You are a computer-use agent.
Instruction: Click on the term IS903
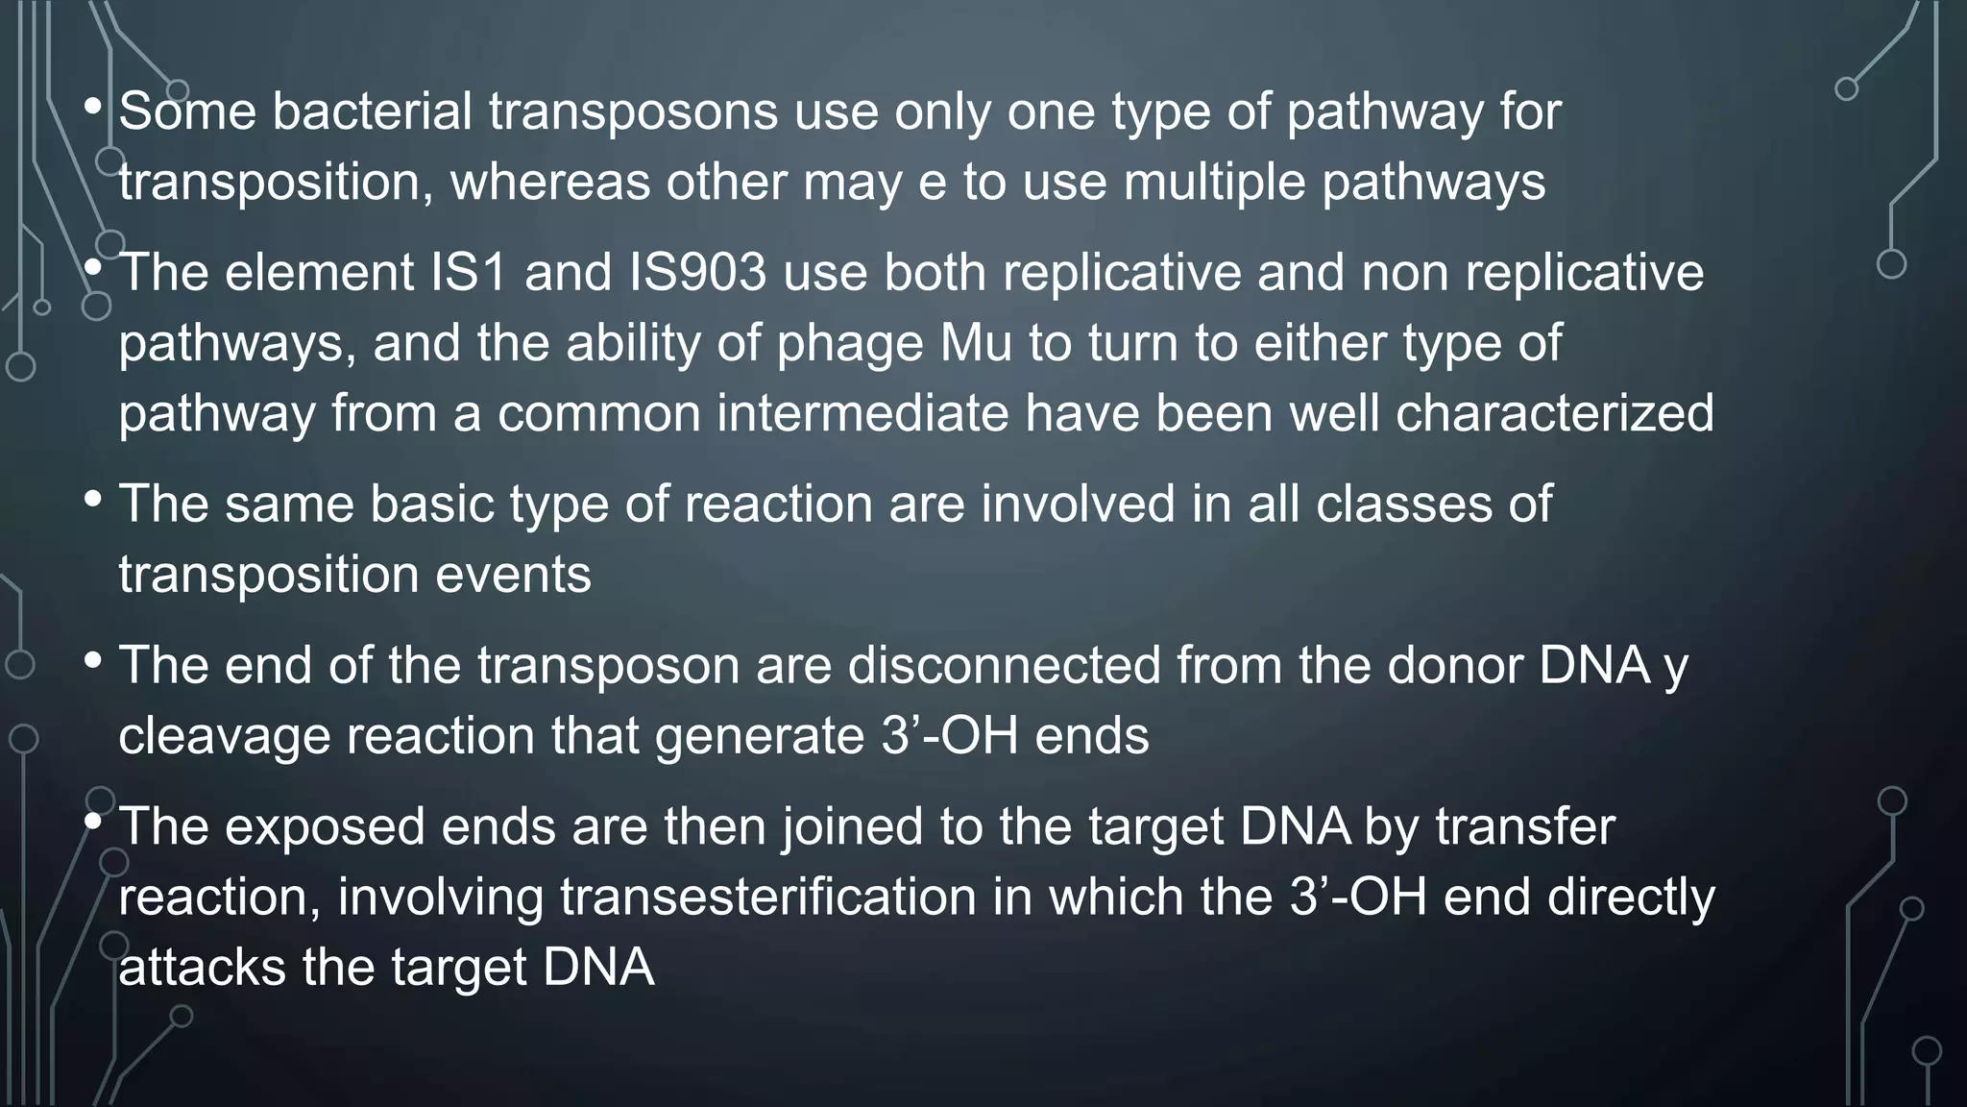tap(697, 273)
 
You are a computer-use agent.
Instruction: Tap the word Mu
tap(976, 343)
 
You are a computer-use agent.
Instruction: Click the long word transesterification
tap(768, 897)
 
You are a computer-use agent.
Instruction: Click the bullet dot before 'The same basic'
tap(93, 500)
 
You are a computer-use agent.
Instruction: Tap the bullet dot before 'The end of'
tap(93, 661)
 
